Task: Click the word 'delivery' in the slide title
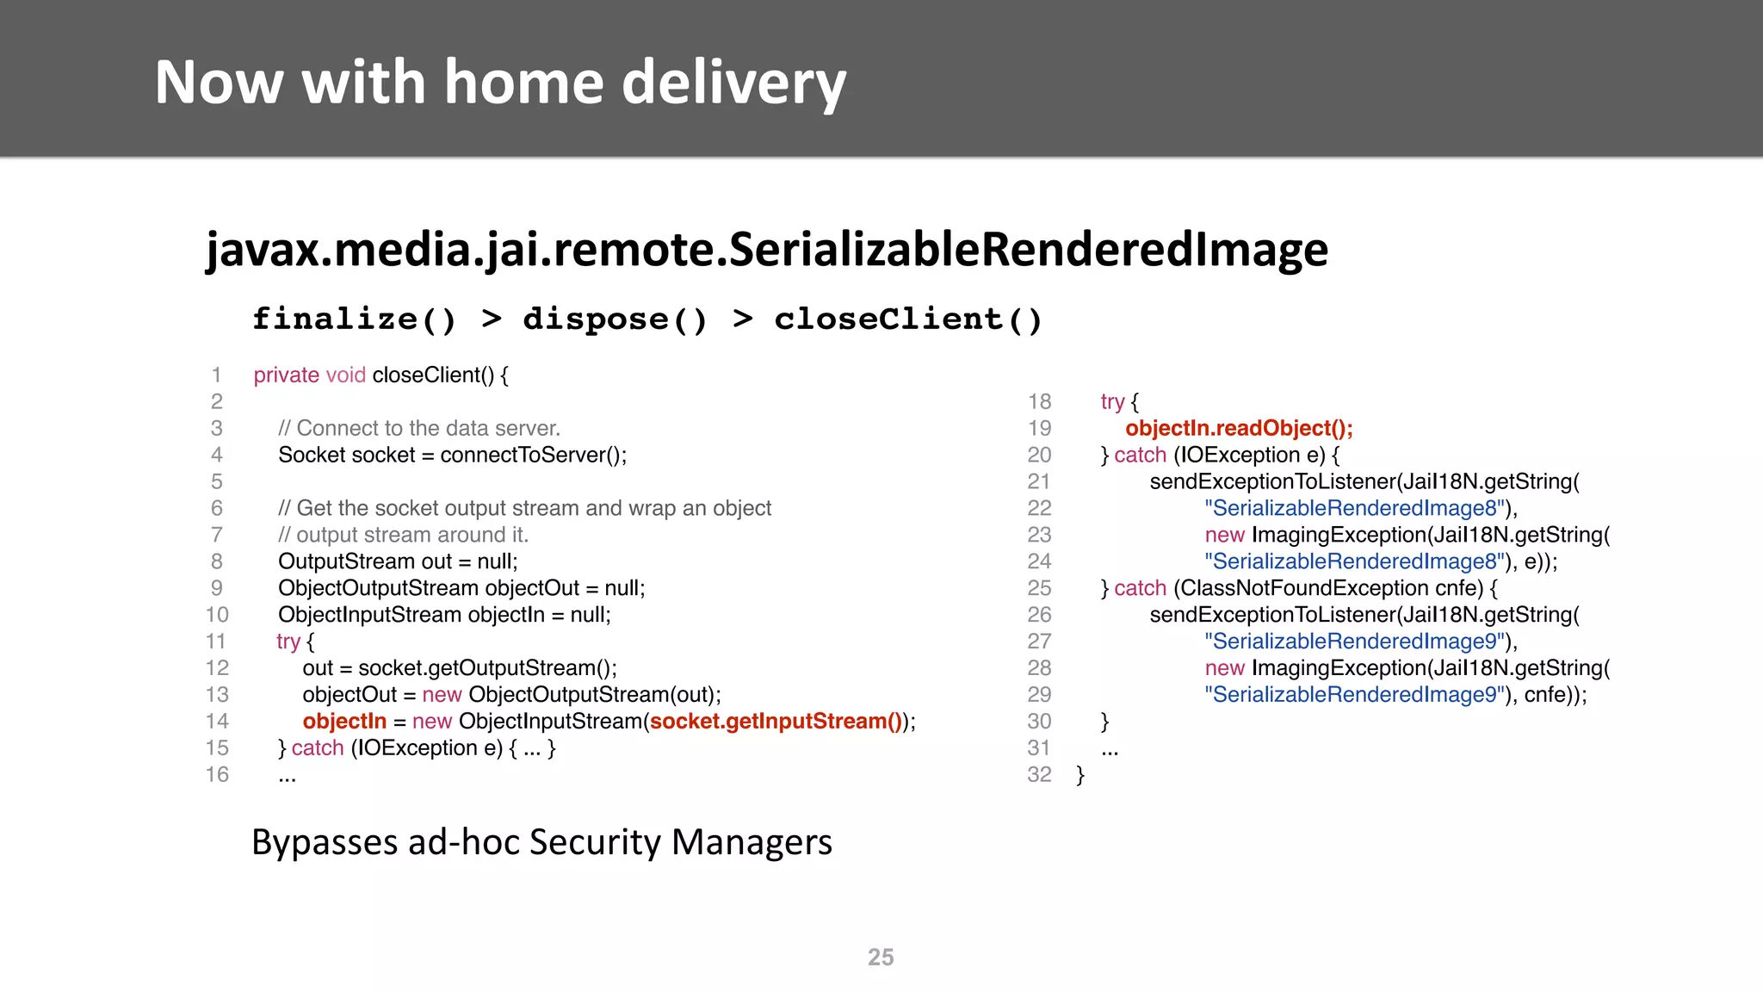pos(733,84)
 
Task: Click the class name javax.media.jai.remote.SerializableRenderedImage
pos(766,250)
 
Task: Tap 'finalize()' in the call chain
pos(354,319)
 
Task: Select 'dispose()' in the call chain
pos(615,319)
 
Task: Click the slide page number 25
pos(880,958)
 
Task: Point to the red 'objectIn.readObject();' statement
pos(1239,429)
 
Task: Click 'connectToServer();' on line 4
pos(533,456)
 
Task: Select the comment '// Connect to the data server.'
pos(419,429)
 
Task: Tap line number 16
pos(217,775)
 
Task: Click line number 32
pos(1039,775)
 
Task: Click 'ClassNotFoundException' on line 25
pos(1304,589)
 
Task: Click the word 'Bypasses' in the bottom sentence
pos(324,842)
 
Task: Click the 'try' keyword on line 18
pos(1112,402)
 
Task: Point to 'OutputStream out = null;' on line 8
pos(398,562)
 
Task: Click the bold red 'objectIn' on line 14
pos(344,722)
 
